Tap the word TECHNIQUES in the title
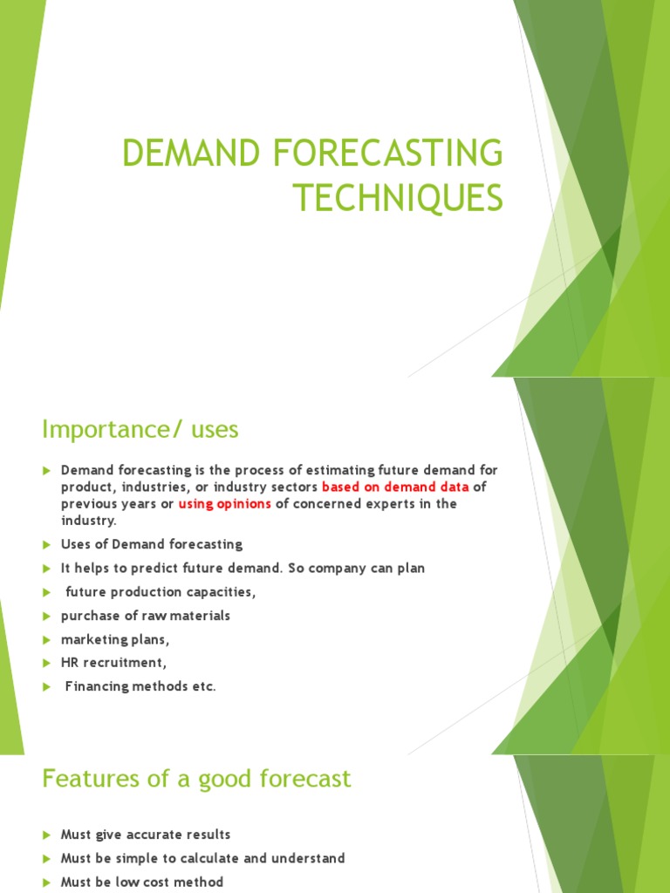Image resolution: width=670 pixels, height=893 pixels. (398, 198)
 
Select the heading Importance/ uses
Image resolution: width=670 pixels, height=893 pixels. (140, 429)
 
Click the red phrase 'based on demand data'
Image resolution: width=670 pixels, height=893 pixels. (395, 487)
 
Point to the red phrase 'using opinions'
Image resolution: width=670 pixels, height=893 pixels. (225, 504)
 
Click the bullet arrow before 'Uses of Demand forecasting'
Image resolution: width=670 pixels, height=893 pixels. (46, 545)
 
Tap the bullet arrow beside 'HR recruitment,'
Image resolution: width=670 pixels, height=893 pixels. (46, 663)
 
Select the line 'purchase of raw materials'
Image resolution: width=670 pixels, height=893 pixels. (145, 616)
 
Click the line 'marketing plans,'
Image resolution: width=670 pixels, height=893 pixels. (115, 639)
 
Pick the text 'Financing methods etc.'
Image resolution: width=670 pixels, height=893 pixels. (140, 686)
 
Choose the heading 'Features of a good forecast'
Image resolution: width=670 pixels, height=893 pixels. (196, 778)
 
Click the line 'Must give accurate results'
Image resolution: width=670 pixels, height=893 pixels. (146, 835)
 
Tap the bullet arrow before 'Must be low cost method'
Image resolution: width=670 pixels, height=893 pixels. (46, 883)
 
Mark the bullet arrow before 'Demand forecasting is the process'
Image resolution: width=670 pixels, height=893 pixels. (46, 471)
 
